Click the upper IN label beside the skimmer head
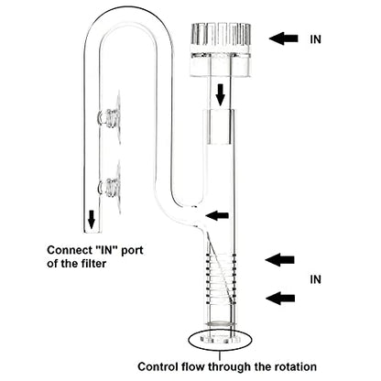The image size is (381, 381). [x=315, y=39]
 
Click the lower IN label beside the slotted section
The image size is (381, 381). [x=315, y=279]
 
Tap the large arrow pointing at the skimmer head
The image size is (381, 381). [x=284, y=38]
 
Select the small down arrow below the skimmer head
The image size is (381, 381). [x=220, y=96]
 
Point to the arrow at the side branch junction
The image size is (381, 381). [x=217, y=215]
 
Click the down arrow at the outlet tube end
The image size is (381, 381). [x=92, y=219]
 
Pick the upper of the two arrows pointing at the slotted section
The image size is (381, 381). [x=280, y=260]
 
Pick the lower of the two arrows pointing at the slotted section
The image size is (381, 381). [x=280, y=298]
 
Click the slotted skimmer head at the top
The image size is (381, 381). [x=221, y=49]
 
